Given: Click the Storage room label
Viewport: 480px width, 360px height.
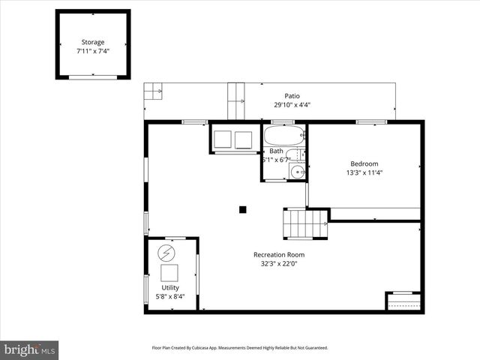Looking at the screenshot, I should point(93,42).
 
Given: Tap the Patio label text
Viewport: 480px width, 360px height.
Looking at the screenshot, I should point(292,95).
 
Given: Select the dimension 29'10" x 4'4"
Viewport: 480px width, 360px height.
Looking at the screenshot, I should point(292,105).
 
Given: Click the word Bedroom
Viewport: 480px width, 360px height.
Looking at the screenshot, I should point(364,163).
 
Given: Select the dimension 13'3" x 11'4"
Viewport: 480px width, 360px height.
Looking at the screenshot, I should point(364,173).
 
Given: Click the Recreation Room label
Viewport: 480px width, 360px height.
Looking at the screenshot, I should point(278,254).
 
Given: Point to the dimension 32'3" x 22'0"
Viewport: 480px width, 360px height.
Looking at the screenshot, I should point(278,264).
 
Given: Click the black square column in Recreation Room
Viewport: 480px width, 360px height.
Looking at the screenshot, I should point(242,209).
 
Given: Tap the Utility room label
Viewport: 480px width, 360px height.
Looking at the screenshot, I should point(170,287).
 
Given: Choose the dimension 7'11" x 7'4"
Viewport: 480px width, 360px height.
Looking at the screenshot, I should point(93,52).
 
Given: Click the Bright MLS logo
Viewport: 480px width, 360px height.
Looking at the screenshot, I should point(30,349).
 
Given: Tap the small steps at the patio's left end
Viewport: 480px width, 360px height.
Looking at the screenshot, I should point(153,91).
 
